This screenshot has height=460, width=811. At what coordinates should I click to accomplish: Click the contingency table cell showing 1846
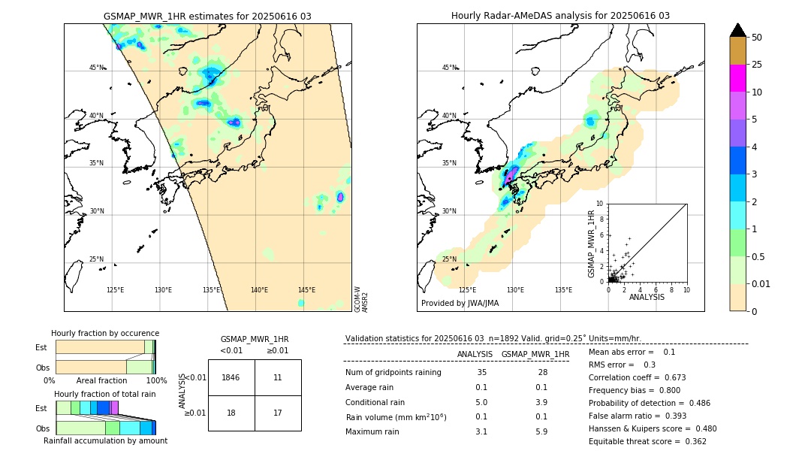pyautogui.click(x=231, y=377)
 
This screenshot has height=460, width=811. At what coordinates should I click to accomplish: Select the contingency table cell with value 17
pyautogui.click(x=278, y=413)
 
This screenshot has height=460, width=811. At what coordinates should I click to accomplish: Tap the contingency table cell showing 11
pyautogui.click(x=278, y=377)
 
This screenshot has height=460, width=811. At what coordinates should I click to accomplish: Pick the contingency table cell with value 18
pyautogui.click(x=231, y=413)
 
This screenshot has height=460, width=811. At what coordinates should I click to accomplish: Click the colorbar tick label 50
pyautogui.click(x=757, y=38)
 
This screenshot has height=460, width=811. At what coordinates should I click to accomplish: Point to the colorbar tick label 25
pyautogui.click(x=757, y=65)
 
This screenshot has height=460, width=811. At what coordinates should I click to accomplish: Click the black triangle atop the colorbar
pyautogui.click(x=738, y=30)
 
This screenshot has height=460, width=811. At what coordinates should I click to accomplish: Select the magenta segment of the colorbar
pyautogui.click(x=738, y=78)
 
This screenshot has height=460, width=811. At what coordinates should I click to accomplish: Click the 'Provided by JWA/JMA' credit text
pyautogui.click(x=460, y=304)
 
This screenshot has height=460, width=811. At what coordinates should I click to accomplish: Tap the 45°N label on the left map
pyautogui.click(x=97, y=68)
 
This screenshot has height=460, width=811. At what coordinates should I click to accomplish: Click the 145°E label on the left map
pyautogui.click(x=306, y=290)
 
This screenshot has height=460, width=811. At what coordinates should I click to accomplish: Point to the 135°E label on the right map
pyautogui.click(x=563, y=290)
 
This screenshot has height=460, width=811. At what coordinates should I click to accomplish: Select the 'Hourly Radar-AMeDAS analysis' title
pyautogui.click(x=560, y=16)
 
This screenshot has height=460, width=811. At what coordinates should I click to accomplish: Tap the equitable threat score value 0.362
pyautogui.click(x=691, y=441)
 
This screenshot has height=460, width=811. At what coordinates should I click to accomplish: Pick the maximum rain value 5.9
pyautogui.click(x=541, y=432)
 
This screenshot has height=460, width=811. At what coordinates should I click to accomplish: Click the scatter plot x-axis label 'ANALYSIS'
pyautogui.click(x=647, y=297)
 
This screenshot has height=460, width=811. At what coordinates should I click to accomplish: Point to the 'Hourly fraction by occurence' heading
pyautogui.click(x=105, y=333)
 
